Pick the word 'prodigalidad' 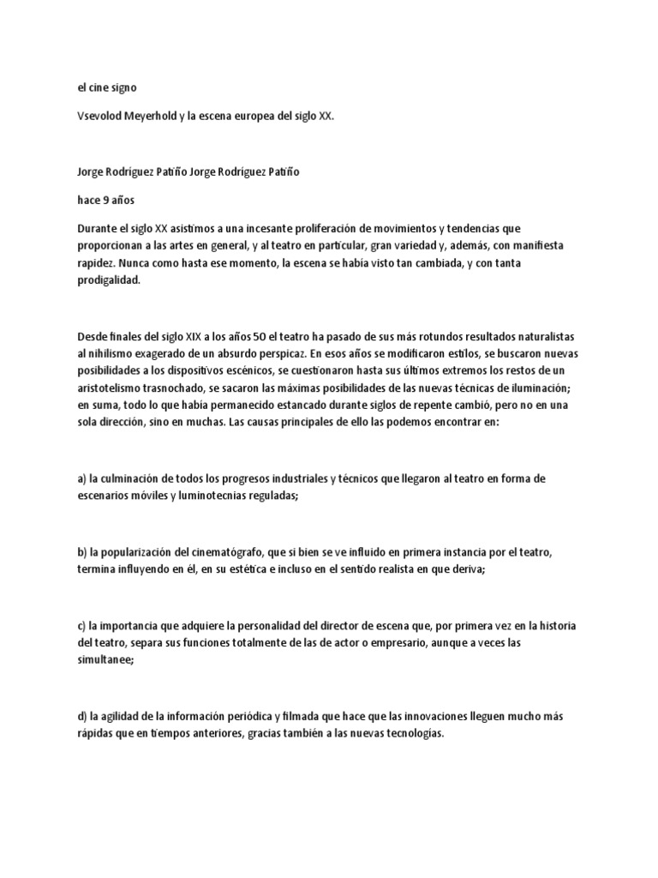click(x=109, y=280)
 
